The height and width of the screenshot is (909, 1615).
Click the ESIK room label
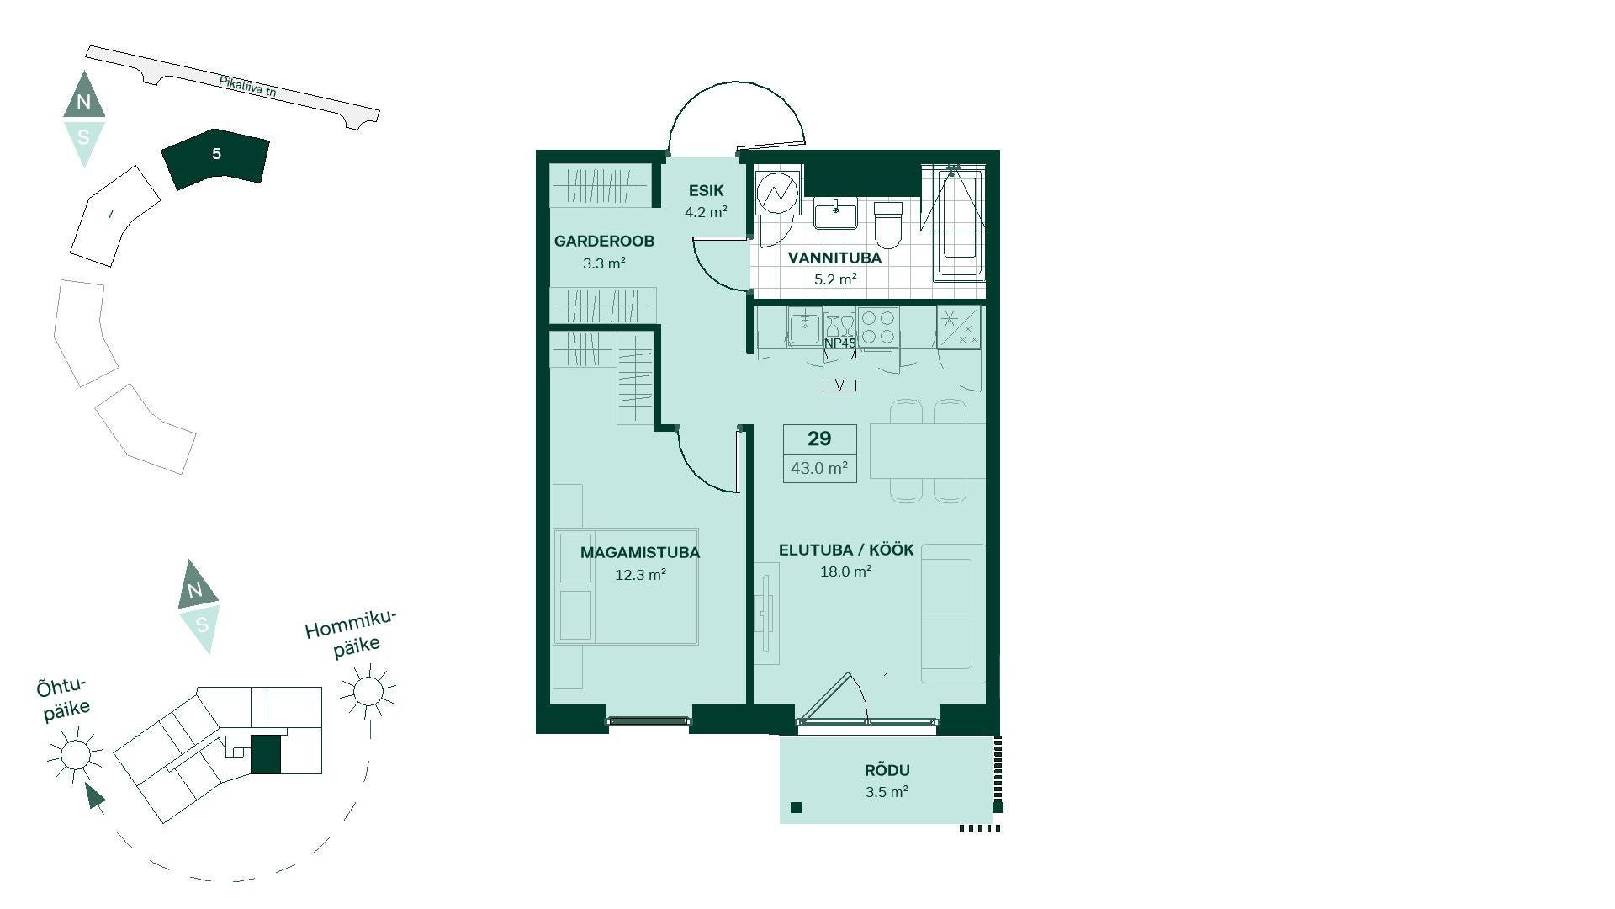coord(706,191)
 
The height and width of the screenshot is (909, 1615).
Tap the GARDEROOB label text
coord(604,242)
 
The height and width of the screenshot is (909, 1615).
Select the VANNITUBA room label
coord(834,258)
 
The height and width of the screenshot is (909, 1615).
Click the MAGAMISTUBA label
coord(640,553)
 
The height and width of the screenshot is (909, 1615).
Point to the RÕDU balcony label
coord(887,769)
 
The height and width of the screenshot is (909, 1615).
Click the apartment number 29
coord(819,439)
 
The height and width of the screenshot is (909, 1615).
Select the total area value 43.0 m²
coord(819,468)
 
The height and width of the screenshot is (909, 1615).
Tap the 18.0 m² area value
coord(845,571)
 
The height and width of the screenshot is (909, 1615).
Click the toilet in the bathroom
coord(887,224)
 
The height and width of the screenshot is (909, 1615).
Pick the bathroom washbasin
coord(835,213)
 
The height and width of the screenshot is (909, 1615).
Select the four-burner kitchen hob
coord(879,327)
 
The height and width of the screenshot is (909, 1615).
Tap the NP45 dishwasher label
coord(839,343)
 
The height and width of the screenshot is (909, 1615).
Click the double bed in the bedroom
coord(626,587)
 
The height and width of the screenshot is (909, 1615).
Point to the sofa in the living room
coord(952,613)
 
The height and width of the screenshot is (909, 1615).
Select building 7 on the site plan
coord(114,215)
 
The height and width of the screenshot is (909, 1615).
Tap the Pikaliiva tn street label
coord(247,87)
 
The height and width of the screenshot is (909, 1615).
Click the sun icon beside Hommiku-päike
coord(368,692)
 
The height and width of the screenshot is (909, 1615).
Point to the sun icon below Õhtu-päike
coord(76,754)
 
